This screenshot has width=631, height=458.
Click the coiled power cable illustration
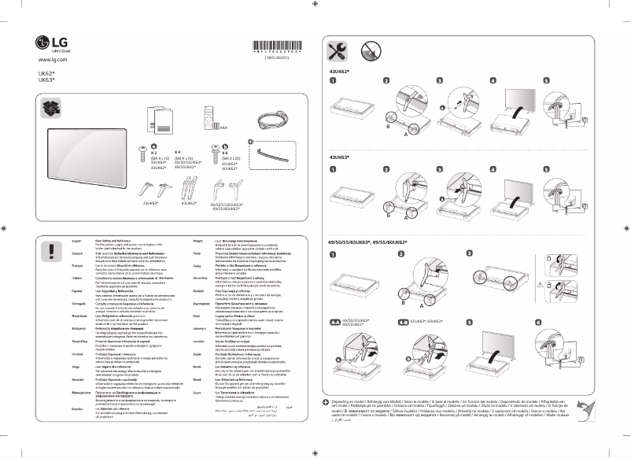tap(271, 118)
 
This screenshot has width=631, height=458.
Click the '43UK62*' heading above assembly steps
tap(340, 71)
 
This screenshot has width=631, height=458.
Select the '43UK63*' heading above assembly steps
tap(340, 157)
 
